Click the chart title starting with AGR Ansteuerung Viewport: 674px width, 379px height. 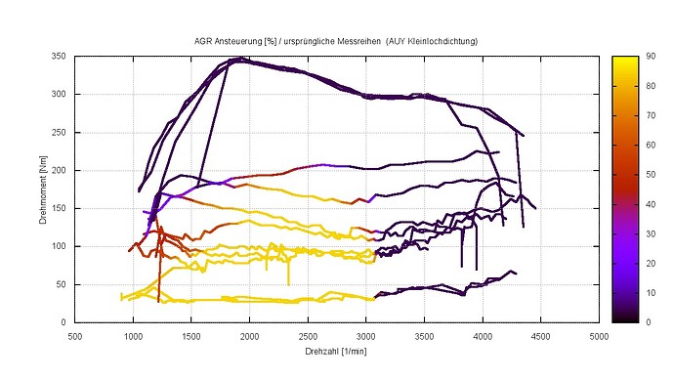coord(338,43)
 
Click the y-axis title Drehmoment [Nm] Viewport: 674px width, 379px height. coord(45,189)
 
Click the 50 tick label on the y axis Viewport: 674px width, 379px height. coord(61,284)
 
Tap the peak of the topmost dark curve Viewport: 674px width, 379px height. coord(237,59)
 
